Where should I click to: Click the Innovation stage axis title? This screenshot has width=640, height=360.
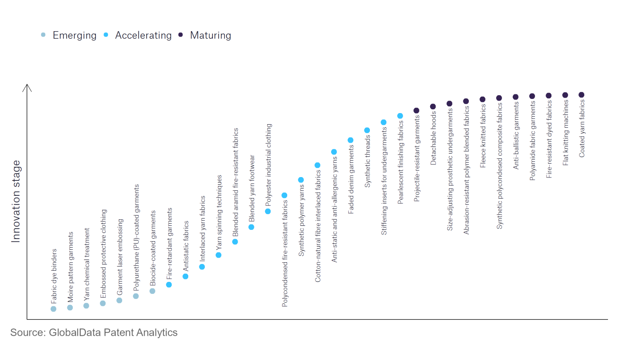click(15, 201)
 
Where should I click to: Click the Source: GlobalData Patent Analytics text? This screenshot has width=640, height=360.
click(94, 333)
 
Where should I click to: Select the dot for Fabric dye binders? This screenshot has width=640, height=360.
click(53, 309)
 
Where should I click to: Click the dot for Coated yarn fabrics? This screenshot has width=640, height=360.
click(581, 95)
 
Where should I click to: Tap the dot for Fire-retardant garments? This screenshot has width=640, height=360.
click(169, 285)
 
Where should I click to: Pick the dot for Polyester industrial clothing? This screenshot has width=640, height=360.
click(268, 212)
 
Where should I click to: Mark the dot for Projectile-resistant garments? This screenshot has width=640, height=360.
click(416, 111)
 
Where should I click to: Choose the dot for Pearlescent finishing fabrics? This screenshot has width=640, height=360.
click(400, 116)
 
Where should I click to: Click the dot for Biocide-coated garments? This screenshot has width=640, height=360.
click(153, 291)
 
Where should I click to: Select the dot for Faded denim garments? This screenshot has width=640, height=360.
click(350, 140)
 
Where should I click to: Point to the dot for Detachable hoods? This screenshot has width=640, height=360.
click(433, 106)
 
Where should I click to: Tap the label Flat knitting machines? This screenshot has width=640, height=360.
click(566, 133)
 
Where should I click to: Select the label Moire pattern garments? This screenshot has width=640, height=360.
click(70, 267)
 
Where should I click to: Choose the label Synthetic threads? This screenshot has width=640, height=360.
click(367, 161)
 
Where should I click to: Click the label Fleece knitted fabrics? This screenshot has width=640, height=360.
click(483, 136)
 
